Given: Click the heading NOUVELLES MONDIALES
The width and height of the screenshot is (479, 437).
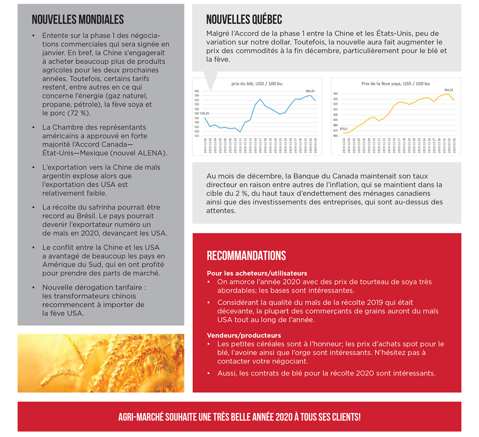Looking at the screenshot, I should coord(78,20).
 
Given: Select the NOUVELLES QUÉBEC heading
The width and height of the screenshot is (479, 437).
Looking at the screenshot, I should coord(244,20).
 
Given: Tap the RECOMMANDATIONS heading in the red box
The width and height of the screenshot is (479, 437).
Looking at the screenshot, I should coord(246,256).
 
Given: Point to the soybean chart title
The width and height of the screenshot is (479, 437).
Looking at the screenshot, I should coord(390,84).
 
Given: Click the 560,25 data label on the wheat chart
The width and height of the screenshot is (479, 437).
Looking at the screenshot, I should coord(310,91).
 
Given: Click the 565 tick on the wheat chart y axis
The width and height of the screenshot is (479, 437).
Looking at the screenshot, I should coord(196,91).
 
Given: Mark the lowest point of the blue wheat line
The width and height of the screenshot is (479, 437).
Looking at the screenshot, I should coord(240,132).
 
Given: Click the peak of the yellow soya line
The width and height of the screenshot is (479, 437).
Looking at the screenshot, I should coord(449,94).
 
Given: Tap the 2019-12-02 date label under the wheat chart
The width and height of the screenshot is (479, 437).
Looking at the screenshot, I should coord(205,147).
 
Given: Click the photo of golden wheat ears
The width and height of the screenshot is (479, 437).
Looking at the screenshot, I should coord(101,363).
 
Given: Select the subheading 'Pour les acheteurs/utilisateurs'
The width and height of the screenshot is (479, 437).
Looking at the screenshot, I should coord(257,273).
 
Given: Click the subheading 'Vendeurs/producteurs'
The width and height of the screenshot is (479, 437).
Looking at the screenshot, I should coord(244,335).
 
